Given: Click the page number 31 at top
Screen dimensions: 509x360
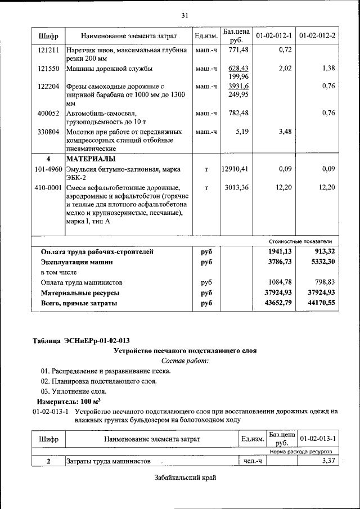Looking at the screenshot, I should [184, 15].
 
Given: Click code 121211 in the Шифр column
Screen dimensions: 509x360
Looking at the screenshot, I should [48, 50].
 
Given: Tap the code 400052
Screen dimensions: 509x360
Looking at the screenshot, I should [48, 113].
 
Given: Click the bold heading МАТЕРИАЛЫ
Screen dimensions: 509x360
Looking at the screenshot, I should [92, 159].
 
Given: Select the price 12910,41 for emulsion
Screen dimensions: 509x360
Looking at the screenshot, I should [235, 169].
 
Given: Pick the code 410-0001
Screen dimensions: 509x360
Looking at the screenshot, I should [48, 187].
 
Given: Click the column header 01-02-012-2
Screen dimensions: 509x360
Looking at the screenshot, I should [317, 36].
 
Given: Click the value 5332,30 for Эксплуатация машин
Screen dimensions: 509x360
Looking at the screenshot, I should [323, 262].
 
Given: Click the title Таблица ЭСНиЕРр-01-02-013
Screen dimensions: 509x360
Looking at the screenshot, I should [81, 341].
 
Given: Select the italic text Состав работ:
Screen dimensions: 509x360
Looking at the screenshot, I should [184, 361].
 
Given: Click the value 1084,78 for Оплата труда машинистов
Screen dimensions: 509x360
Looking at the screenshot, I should [281, 282].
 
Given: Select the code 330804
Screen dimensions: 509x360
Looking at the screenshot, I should [48, 132].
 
